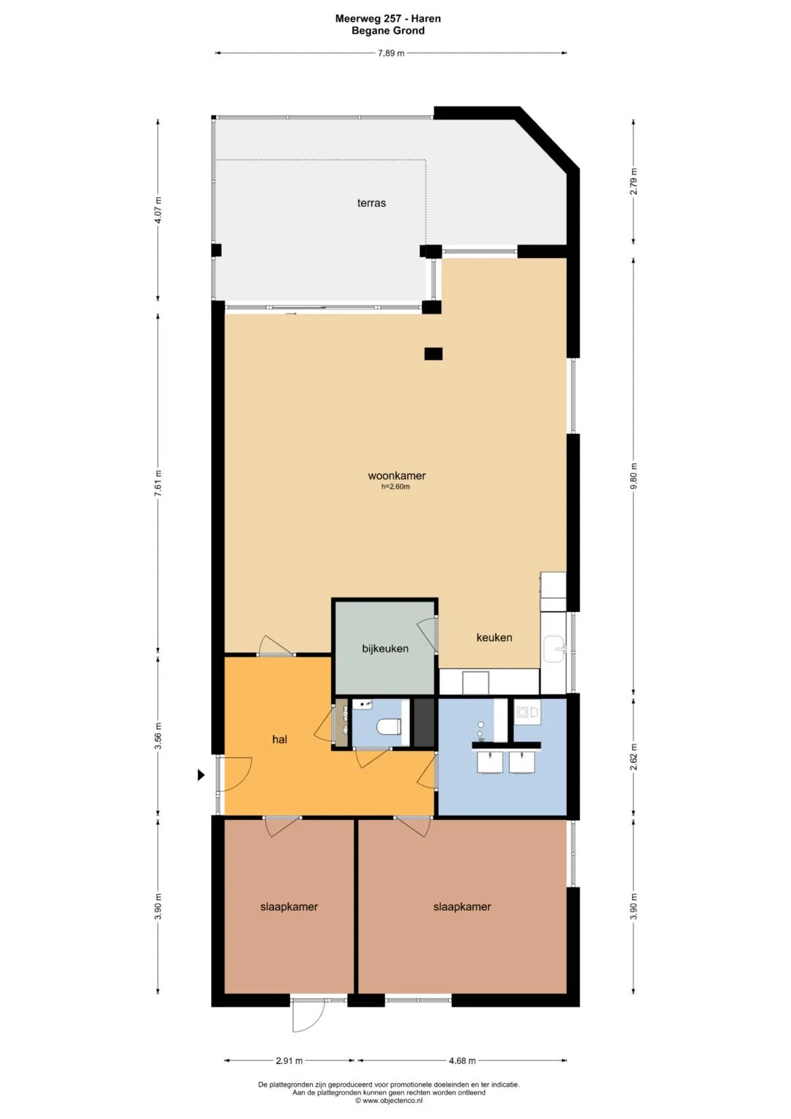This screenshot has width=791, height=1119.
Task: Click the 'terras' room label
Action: (371, 203)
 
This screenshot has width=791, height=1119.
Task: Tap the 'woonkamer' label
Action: (396, 476)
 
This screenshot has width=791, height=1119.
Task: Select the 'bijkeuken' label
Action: (385, 649)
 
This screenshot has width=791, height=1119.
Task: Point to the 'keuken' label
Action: (494, 638)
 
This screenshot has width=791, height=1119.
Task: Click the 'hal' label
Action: (280, 739)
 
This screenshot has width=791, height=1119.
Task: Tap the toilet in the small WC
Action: (387, 726)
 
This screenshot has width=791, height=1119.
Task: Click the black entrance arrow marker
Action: (201, 775)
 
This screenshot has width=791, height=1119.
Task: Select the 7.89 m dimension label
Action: (391, 53)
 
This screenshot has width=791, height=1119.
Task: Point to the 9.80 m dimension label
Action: (634, 476)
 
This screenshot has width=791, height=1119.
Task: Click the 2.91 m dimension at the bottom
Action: (289, 1060)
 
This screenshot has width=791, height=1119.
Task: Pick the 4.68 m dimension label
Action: (462, 1060)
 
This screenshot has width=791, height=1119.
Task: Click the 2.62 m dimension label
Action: (634, 757)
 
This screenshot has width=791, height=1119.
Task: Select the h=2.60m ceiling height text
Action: (395, 487)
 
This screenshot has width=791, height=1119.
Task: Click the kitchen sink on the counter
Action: (553, 649)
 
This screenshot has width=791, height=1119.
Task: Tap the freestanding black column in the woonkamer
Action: (434, 354)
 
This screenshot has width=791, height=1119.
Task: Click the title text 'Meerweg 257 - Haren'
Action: (388, 19)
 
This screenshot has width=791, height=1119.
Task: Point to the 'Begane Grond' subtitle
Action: (388, 31)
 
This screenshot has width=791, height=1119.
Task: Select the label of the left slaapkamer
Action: (289, 906)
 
